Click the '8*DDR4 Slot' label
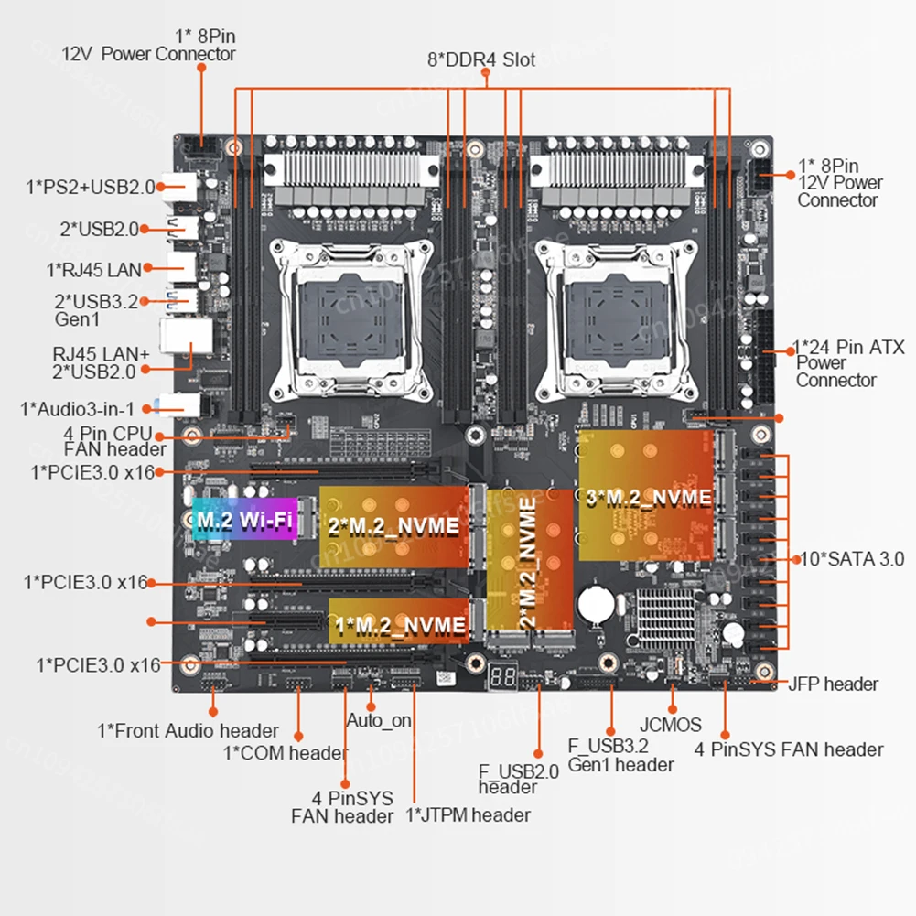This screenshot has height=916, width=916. tap(481, 60)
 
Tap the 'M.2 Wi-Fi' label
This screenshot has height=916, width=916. tap(244, 522)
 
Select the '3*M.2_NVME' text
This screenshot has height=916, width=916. tap(649, 498)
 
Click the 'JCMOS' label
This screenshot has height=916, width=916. tap(672, 725)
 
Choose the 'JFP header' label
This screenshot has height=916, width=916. tap(833, 684)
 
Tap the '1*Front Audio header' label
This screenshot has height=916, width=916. tap(188, 730)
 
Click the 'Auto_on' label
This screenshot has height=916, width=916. tap(379, 720)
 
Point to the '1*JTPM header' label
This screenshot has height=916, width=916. tap(468, 814)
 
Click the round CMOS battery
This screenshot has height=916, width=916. tap(595, 601)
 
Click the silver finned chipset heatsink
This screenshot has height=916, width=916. tap(663, 616)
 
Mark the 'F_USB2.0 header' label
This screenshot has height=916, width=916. tap(518, 779)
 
